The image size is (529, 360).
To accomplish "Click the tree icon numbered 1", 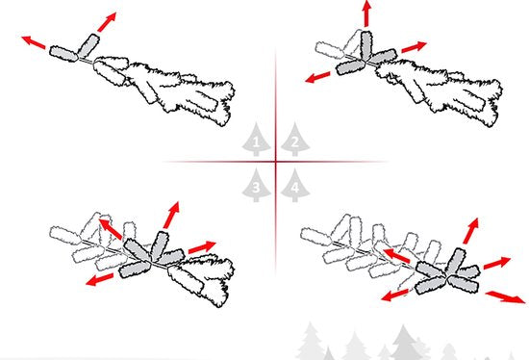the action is [x=256, y=140].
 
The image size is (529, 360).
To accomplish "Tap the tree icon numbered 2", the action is [x=295, y=140].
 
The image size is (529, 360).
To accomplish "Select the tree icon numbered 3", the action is [x=256, y=185].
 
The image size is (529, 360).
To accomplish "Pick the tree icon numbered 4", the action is [x=295, y=185].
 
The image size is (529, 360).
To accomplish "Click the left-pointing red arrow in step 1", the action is [x=34, y=42].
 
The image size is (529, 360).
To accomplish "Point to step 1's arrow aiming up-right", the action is [x=107, y=22].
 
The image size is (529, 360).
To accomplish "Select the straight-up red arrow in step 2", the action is [x=366, y=13].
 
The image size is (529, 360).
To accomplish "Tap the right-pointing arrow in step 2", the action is [x=414, y=47].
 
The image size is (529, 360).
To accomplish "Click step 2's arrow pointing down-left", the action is [x=317, y=77].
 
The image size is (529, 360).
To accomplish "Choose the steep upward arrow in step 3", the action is [x=171, y=215].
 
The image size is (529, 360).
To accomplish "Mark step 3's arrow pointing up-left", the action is [x=111, y=229].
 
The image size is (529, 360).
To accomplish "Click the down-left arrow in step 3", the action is [x=99, y=279].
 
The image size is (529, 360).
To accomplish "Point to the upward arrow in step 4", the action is [x=470, y=231].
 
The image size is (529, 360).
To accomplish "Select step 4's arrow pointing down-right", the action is [x=505, y=296].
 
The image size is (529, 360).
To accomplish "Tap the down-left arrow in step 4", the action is [x=394, y=296].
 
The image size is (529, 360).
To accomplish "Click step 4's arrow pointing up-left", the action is [x=396, y=256].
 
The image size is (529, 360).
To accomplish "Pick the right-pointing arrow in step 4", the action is [x=497, y=263].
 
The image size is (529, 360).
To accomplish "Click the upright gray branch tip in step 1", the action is [x=88, y=45].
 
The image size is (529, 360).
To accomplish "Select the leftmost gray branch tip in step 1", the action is [x=63, y=54].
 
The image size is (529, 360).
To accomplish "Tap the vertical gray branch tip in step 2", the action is [x=366, y=46].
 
